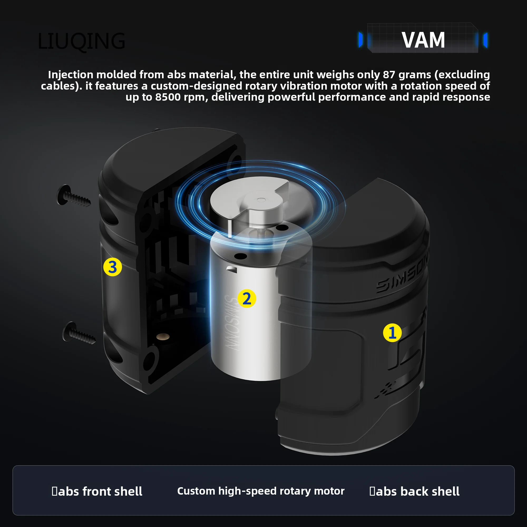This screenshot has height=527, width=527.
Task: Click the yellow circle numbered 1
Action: coord(392,333)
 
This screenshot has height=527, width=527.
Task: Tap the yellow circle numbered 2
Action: coord(247,299)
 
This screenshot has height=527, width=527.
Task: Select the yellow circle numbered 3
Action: coord(113,267)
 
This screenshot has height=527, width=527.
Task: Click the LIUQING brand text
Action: coord(81,41)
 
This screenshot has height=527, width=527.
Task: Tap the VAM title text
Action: coord(423,40)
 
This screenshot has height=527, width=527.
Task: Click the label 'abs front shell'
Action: coord(100,491)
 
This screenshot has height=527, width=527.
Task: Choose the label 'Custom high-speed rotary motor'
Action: coord(261,491)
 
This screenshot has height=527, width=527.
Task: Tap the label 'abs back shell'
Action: coord(417,491)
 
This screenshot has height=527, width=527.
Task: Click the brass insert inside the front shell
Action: coord(163,336)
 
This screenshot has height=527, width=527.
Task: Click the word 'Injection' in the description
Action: coord(71,75)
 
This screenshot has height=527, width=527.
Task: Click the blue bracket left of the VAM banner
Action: coord(361,40)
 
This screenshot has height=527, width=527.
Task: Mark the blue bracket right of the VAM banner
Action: coord(485,40)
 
